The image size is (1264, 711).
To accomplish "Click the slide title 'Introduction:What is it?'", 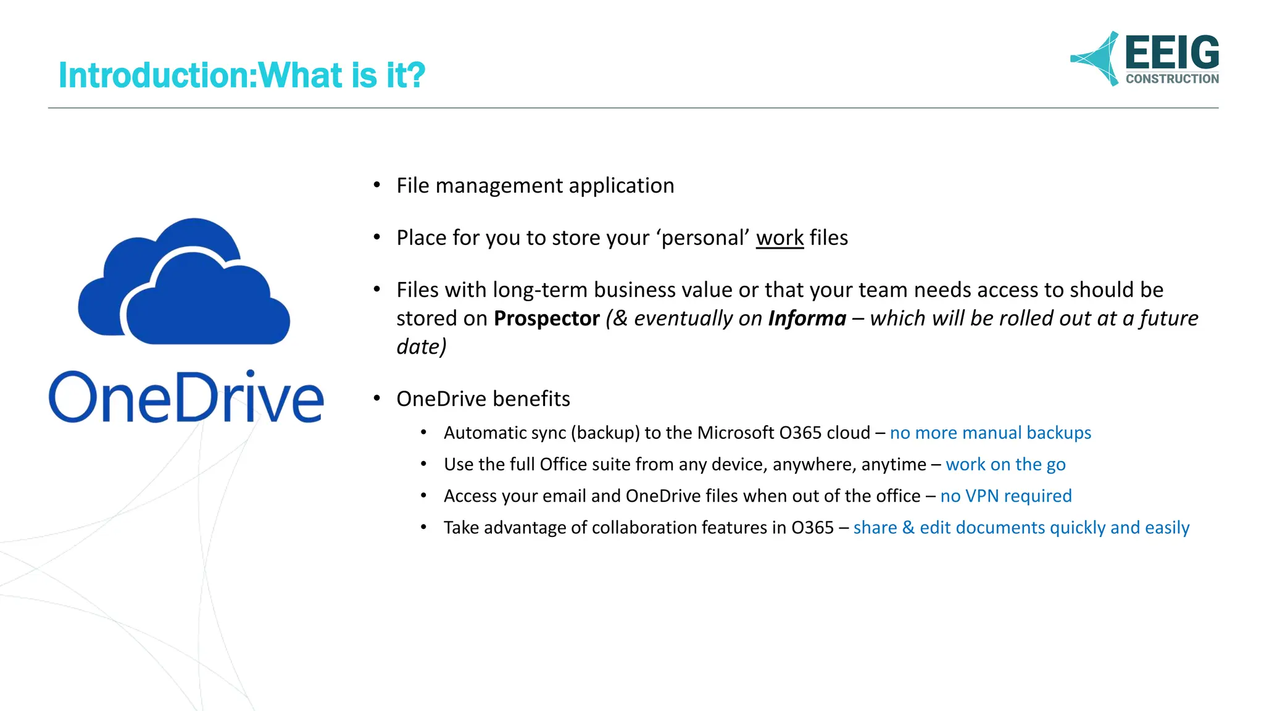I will [x=241, y=75].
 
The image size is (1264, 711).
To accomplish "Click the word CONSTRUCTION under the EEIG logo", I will [x=1171, y=79].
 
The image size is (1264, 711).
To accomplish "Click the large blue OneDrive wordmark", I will [x=186, y=398].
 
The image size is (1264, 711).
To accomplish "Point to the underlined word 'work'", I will [x=780, y=238].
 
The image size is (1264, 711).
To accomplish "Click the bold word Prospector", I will [x=546, y=318].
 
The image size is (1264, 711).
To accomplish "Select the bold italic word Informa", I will [x=807, y=318].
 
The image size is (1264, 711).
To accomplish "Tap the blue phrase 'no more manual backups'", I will [x=990, y=433].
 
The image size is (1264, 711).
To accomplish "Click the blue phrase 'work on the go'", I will [x=1005, y=464].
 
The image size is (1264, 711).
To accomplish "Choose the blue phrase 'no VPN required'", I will [x=1005, y=496].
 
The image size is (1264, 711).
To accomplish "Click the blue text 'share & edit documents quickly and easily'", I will [x=1021, y=528].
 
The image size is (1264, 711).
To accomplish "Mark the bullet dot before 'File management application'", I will [x=376, y=185].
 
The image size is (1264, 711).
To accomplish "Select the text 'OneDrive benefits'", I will [x=483, y=399].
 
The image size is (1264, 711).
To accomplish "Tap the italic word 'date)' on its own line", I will [x=421, y=347].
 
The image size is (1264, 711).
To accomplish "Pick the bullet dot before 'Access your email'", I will [x=423, y=496].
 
